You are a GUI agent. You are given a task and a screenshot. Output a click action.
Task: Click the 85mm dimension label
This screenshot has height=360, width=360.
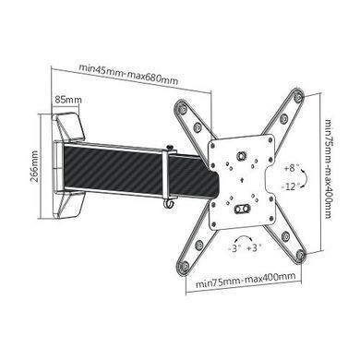click(x=68, y=100)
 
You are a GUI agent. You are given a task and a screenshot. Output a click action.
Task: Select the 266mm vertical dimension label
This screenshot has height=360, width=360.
click(x=35, y=166)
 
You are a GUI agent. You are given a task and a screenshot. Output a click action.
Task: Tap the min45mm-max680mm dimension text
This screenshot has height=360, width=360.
click(x=128, y=74)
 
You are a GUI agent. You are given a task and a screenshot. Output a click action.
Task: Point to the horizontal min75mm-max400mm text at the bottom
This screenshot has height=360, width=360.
click(x=246, y=280)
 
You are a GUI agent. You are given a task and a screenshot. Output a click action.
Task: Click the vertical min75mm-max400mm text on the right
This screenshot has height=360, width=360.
click(x=328, y=169)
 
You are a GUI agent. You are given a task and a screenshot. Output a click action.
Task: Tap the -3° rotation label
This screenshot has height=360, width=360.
click(x=234, y=248)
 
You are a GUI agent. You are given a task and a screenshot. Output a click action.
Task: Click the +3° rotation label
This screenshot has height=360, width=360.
click(x=254, y=247)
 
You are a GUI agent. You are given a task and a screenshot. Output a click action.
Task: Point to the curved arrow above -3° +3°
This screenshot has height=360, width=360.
click(x=243, y=237)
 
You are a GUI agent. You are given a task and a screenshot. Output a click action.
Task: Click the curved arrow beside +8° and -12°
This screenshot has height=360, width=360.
click(x=304, y=177)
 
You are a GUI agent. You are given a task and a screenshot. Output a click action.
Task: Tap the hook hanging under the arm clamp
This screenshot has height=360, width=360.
click(x=169, y=204)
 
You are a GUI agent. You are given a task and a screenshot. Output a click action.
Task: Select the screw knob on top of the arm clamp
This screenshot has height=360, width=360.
click(x=169, y=148)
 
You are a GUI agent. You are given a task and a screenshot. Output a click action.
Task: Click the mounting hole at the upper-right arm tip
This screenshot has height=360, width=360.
click(x=298, y=97)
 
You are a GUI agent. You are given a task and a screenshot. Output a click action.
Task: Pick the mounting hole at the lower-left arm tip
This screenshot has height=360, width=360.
click(x=185, y=265)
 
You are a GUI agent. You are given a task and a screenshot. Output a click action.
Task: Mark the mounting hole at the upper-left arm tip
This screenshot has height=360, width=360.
click(x=183, y=109)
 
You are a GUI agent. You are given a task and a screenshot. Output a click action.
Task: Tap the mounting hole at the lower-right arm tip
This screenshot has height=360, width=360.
click(x=299, y=254)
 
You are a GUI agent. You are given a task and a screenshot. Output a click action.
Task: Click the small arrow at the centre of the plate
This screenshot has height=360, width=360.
click(x=242, y=180)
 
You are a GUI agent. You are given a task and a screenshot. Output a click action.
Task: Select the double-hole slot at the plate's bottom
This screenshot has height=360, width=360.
click(x=242, y=209)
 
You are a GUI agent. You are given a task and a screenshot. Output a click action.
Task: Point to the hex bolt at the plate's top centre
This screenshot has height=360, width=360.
click(x=241, y=155)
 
